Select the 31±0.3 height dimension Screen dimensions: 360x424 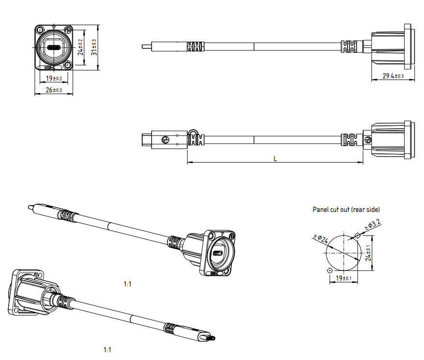click(94, 47)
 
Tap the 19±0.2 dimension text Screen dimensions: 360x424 click(54, 78)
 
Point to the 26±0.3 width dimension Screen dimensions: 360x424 click(54, 90)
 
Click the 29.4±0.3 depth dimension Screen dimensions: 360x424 click(393, 76)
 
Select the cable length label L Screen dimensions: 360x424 click(275, 159)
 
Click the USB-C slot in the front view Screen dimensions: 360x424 click(53, 48)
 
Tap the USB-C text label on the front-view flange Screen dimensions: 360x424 click(50, 68)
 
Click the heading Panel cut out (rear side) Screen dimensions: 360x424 click(346, 210)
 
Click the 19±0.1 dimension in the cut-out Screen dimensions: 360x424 click(344, 278)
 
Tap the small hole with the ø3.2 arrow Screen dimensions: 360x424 click(358, 235)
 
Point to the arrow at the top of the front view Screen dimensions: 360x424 click(53, 27)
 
